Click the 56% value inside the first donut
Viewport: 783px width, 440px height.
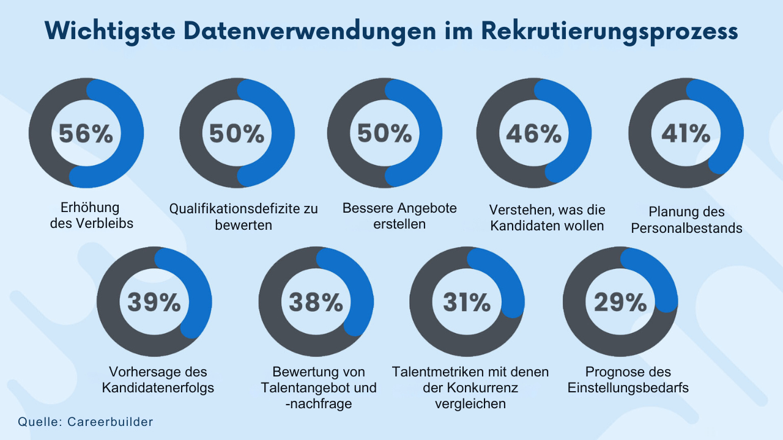[x=86, y=134]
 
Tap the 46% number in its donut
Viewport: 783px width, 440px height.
[x=534, y=134]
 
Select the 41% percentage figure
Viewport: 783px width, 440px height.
[x=686, y=134]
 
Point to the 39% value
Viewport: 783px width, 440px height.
[x=154, y=302]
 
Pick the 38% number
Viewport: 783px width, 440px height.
[x=316, y=302]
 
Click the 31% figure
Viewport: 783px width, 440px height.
[x=467, y=302]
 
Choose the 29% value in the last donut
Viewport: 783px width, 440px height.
[x=620, y=302]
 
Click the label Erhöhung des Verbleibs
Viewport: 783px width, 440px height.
[x=91, y=215]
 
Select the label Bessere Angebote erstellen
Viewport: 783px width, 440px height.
[x=399, y=216]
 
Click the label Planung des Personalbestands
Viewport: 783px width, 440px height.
[x=686, y=220]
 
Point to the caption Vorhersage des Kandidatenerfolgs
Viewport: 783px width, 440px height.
[x=158, y=380]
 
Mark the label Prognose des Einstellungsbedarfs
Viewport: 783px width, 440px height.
[x=628, y=380]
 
